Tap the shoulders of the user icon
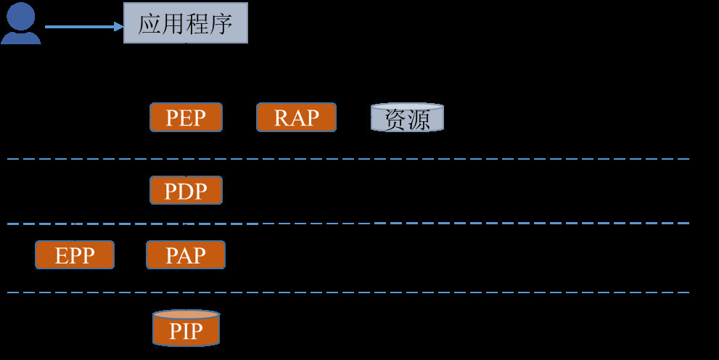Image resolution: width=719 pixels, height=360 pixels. [20, 36]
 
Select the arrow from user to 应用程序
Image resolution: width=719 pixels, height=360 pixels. [83, 27]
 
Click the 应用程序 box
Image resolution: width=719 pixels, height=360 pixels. [185, 23]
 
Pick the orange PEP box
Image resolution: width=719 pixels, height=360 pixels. [186, 117]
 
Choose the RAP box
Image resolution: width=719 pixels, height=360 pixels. [296, 117]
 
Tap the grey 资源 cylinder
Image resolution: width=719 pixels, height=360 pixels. [407, 118]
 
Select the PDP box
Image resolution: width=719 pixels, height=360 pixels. [186, 190]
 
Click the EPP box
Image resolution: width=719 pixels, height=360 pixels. [75, 255]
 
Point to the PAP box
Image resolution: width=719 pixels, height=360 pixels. [186, 255]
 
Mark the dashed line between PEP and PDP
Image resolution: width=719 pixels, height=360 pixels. [348, 158]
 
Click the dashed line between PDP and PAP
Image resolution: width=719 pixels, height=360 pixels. [348, 223]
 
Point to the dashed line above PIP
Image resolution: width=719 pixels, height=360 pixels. [348, 292]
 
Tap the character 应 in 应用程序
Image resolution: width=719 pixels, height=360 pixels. [149, 24]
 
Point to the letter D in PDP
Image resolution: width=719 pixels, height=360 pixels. [186, 191]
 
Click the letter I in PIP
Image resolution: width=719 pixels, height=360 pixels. [186, 332]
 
